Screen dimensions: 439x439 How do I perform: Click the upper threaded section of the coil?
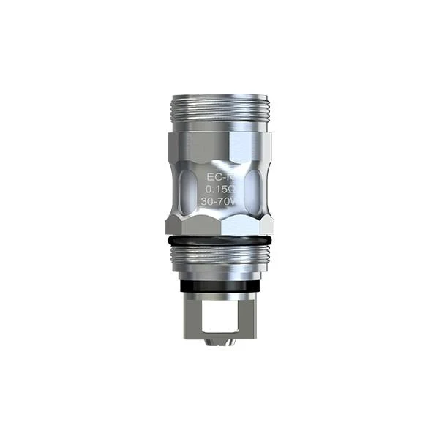click(219, 114)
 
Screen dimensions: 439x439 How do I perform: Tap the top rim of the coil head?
click(219, 97)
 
